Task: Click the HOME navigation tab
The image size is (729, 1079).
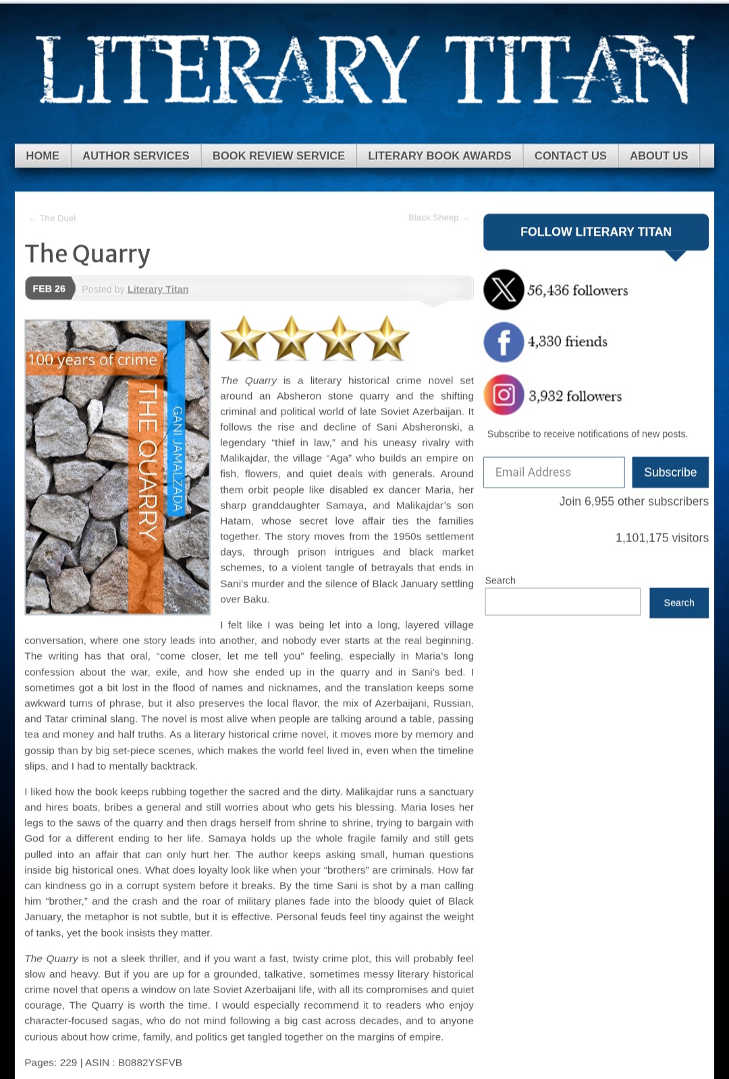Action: [x=43, y=156]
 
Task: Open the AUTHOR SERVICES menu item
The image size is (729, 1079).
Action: [x=136, y=156]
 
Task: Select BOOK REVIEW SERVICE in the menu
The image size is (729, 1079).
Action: [x=278, y=156]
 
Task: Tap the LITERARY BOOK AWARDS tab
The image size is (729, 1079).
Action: [x=439, y=156]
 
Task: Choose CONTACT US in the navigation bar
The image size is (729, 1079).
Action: [x=570, y=156]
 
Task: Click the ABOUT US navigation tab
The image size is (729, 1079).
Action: [x=659, y=156]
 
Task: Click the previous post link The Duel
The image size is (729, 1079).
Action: [x=57, y=218]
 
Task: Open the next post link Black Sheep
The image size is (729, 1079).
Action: [x=434, y=217]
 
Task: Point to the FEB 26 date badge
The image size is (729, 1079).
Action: [x=49, y=289]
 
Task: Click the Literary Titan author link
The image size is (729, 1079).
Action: [x=158, y=289]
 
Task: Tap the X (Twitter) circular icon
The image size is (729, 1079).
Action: [x=504, y=290]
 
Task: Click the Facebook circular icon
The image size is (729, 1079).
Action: [x=504, y=342]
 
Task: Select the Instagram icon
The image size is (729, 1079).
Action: [x=504, y=395]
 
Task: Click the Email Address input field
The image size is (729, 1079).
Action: [x=553, y=473]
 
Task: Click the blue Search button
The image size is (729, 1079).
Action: [x=678, y=603]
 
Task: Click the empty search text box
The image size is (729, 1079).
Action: [x=562, y=602]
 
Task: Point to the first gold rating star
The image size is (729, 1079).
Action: [x=244, y=338]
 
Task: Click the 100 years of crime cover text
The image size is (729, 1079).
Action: [x=92, y=360]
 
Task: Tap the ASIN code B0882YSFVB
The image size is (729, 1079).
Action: [x=150, y=1063]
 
